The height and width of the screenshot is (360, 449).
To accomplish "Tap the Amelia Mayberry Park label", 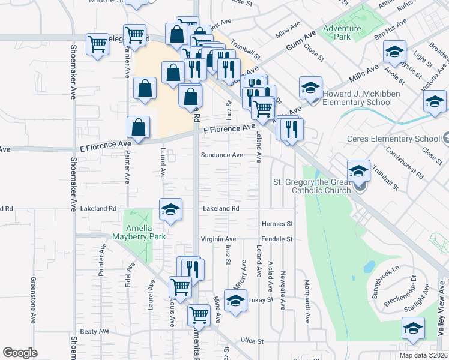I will pyautogui.click(x=139, y=233).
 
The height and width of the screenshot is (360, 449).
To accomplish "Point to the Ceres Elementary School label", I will pyautogui.click(x=394, y=139).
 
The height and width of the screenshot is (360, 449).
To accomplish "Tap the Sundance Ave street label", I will pyautogui.click(x=221, y=155).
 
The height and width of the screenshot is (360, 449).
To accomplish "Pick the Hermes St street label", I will pyautogui.click(x=277, y=224).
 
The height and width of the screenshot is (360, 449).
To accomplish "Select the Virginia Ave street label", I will pyautogui.click(x=218, y=239).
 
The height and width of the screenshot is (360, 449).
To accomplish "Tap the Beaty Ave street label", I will pyautogui.click(x=95, y=331).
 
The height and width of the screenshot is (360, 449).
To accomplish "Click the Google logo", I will pyautogui.click(x=20, y=353).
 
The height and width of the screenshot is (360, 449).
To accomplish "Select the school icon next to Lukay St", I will pyautogui.click(x=235, y=299).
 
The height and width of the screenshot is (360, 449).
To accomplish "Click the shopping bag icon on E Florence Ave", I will pyautogui.click(x=138, y=127).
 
